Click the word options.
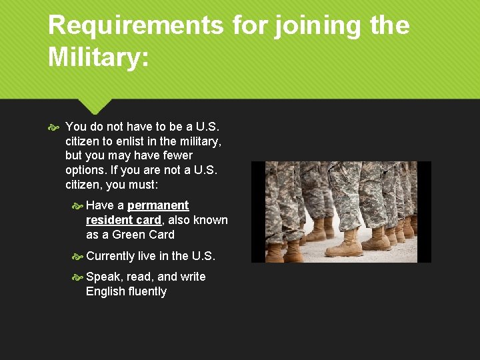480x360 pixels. pyautogui.click(x=85, y=170)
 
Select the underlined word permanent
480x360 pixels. pyautogui.click(x=158, y=205)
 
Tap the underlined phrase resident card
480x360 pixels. pyautogui.click(x=123, y=220)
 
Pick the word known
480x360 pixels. pyautogui.click(x=211, y=220)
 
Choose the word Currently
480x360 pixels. pyautogui.click(x=111, y=256)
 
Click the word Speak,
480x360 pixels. pyautogui.click(x=103, y=277)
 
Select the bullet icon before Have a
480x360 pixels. pyautogui.click(x=77, y=206)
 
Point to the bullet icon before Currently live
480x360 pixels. pyautogui.click(x=77, y=257)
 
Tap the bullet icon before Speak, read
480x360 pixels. pyautogui.click(x=77, y=277)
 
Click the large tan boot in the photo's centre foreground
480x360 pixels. pyautogui.click(x=343, y=246)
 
